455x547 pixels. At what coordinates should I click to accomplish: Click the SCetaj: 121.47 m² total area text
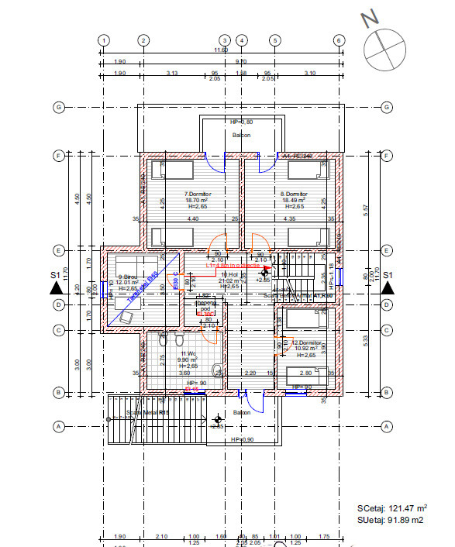[391, 507]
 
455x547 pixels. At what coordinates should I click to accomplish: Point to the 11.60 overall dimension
[221, 50]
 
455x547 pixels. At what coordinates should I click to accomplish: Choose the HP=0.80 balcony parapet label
[241, 122]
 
